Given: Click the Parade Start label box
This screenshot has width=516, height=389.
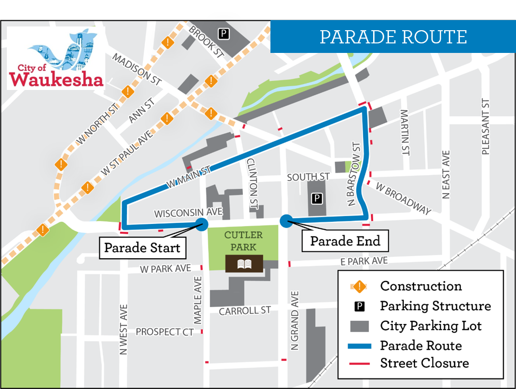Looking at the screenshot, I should pyautogui.click(x=142, y=248).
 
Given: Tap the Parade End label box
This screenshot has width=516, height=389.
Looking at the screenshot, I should pyautogui.click(x=345, y=241).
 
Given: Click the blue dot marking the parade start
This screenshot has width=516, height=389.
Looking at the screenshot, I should pyautogui.click(x=202, y=224).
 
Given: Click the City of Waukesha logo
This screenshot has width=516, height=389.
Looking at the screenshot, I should pyautogui.click(x=56, y=59).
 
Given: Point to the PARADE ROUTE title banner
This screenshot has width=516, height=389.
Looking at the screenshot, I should pyautogui.click(x=393, y=37).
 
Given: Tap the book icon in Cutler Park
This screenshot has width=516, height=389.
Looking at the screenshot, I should pyautogui.click(x=244, y=264).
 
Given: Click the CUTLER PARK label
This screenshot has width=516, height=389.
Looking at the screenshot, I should pyautogui.click(x=243, y=241).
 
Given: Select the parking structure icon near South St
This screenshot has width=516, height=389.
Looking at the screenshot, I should pyautogui.click(x=316, y=199).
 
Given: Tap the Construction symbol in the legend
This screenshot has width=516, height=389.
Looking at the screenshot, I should pyautogui.click(x=360, y=286).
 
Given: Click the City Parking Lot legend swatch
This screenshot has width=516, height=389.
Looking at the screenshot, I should pyautogui.click(x=360, y=325).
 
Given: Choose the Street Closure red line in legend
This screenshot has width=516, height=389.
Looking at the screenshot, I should pyautogui.click(x=360, y=364).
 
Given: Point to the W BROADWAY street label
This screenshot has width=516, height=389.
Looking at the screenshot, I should pyautogui.click(x=404, y=198).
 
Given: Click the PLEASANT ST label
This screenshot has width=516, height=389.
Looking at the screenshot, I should pyautogui.click(x=485, y=127).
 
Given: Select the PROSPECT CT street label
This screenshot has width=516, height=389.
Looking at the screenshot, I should pyautogui.click(x=165, y=332).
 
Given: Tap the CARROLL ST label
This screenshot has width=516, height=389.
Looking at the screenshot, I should pyautogui.click(x=245, y=311).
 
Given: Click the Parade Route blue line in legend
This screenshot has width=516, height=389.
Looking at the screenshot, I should pyautogui.click(x=360, y=346).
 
